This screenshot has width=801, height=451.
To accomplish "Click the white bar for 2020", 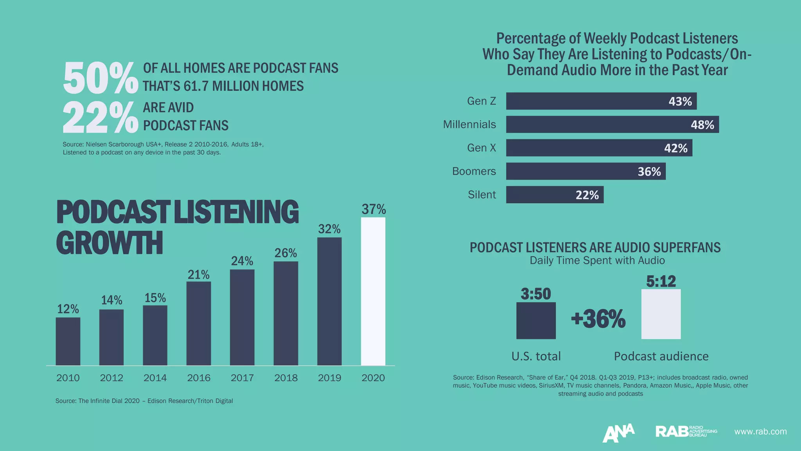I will coord(373,292).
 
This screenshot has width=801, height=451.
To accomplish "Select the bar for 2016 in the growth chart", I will coord(199,323).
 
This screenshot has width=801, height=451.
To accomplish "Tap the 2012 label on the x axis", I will coord(111,378).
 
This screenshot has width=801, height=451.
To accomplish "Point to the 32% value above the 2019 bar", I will coord(329,229).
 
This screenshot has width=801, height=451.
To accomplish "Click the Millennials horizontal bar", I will coord(612,124).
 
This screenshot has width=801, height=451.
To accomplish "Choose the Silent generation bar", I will coord(555,195).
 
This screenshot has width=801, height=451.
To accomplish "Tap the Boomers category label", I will coord(474,171).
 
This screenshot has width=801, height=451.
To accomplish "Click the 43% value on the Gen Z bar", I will coord(680,101).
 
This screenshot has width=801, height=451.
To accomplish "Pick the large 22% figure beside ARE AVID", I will coord(101,117).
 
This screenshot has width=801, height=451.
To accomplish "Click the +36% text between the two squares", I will coord(598,319).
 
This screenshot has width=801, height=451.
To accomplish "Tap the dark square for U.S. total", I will coord(536,320).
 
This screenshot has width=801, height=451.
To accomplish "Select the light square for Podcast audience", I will coord(661,314).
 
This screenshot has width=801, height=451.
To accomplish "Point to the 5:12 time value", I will coord(661,281).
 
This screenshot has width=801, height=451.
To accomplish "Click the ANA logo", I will coord(618,433).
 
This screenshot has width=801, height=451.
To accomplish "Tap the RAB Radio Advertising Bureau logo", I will coord(686,431).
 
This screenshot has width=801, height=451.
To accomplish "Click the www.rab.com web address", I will coord(760,431).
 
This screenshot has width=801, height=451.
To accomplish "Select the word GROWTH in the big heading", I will coord(110,243).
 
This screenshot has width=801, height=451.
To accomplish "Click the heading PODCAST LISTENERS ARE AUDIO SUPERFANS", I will coord(595,247).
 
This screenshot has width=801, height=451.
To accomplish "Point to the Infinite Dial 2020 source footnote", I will coord(144,401).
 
